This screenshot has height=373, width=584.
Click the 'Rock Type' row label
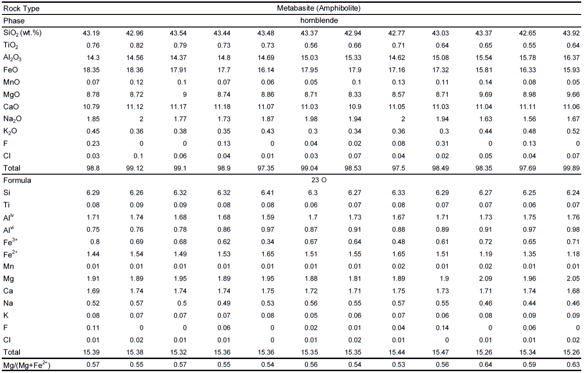click(x=21, y=8)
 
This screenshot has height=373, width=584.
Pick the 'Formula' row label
click(x=17, y=180)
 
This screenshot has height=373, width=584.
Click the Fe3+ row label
click(x=11, y=241)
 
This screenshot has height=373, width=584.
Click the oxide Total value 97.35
click(x=265, y=168)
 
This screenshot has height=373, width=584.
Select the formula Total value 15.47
click(x=440, y=352)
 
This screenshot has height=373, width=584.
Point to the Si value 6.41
click(x=266, y=192)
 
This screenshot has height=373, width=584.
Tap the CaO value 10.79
click(x=90, y=107)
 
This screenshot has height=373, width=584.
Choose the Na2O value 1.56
click(x=529, y=119)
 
